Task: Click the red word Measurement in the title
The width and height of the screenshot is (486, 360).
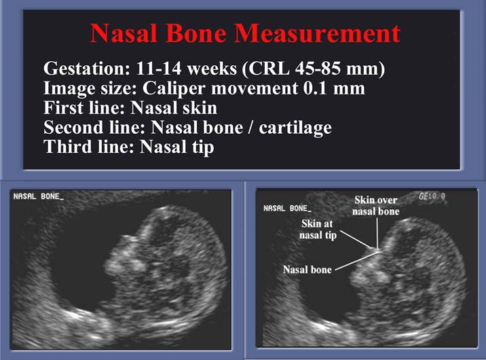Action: click(317, 33)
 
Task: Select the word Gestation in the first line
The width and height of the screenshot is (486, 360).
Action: click(86, 68)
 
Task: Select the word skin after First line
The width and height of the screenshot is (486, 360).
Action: click(196, 108)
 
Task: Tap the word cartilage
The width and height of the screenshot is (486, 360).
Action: click(295, 128)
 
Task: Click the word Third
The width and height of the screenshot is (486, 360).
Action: click(68, 147)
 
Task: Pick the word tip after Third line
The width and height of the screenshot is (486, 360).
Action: click(203, 147)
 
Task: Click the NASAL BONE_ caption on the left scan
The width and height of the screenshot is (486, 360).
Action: click(39, 196)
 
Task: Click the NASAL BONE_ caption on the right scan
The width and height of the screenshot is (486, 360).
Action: click(287, 209)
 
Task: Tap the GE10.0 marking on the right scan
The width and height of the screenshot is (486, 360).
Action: click(432, 196)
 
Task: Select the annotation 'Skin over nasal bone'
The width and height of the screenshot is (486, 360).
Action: click(376, 206)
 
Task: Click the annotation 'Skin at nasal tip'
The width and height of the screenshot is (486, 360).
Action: click(318, 229)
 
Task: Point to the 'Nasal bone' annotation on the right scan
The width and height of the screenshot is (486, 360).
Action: click(307, 270)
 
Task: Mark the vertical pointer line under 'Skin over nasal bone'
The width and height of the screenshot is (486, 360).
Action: click(377, 233)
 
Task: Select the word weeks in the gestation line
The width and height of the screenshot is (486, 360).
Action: click(212, 68)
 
